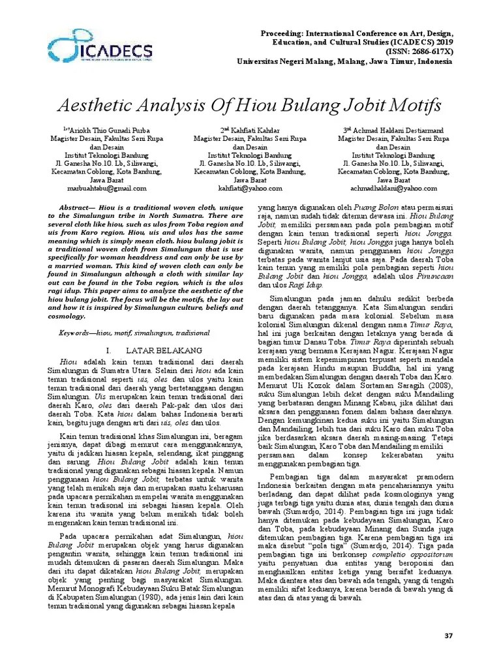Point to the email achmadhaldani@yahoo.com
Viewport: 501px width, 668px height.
[x=393, y=188]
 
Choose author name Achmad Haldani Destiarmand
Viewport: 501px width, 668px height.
[x=396, y=130]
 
